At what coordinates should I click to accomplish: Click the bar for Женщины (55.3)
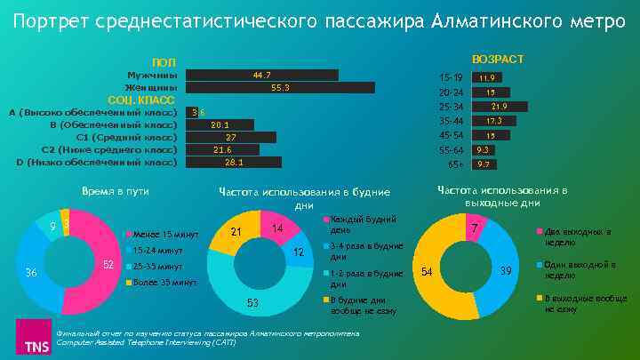(x=281, y=88)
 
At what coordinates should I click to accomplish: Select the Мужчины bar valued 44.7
(x=262, y=75)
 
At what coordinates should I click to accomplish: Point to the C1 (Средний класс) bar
(x=231, y=138)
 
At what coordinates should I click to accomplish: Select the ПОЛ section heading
(x=164, y=62)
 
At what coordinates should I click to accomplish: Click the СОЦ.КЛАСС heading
(x=140, y=100)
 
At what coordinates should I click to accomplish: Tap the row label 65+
(x=455, y=164)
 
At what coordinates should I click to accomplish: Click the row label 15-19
(x=452, y=78)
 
